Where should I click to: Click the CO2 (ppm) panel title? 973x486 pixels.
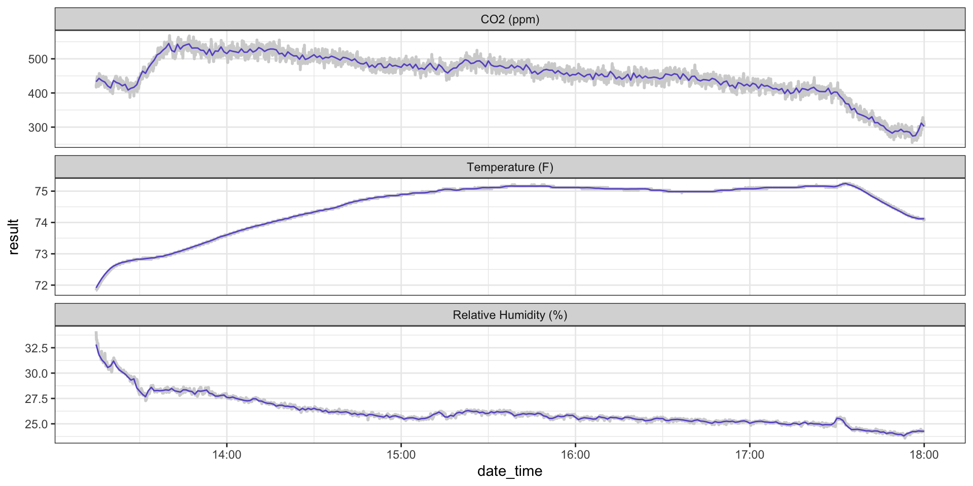click(510, 19)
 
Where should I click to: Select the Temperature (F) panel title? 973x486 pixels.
click(510, 167)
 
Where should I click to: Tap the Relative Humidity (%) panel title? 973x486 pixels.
click(510, 315)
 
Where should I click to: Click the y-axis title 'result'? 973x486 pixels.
click(14, 236)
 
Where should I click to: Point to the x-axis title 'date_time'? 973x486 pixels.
click(510, 471)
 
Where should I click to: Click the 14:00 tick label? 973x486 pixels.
click(227, 455)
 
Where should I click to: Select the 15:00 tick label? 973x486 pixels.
click(401, 455)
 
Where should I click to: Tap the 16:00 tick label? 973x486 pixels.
click(575, 455)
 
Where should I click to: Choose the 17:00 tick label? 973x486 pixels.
click(750, 455)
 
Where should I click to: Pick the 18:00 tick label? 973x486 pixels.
click(924, 455)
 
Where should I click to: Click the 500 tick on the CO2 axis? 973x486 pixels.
click(38, 59)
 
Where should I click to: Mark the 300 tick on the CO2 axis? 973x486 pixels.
click(38, 128)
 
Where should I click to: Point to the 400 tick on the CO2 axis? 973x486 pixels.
click(38, 94)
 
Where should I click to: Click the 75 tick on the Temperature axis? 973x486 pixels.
click(42, 191)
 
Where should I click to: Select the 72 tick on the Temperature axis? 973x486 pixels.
click(42, 286)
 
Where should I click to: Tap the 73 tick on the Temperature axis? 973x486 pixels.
click(42, 254)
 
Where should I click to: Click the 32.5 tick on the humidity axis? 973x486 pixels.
click(36, 348)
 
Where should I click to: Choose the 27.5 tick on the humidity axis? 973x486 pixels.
click(36, 399)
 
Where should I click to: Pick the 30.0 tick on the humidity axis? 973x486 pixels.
click(36, 374)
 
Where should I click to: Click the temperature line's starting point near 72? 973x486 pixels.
click(96, 288)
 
